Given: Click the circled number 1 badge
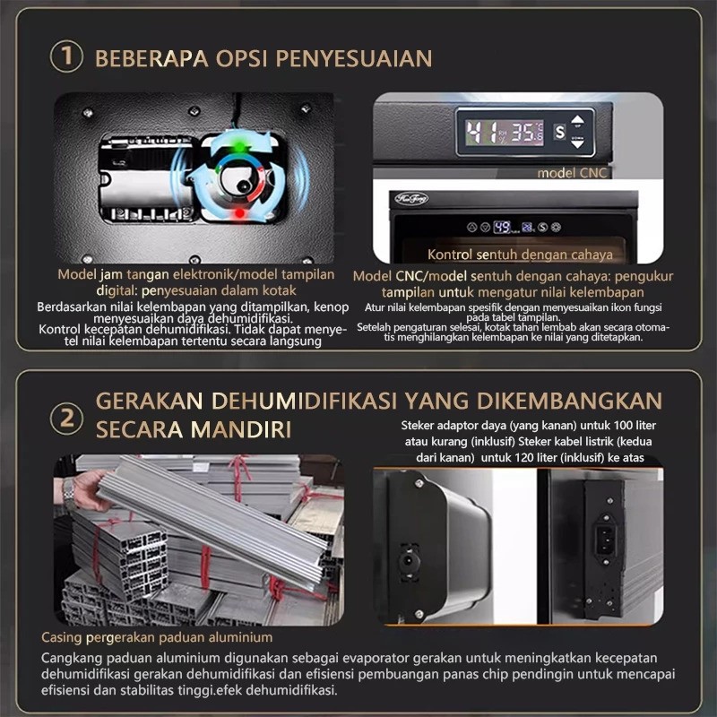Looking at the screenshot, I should (x=66, y=58).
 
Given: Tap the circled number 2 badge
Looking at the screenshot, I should (x=66, y=415).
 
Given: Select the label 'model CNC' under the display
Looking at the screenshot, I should (x=574, y=172).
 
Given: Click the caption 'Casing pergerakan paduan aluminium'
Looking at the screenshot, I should (x=157, y=637).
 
